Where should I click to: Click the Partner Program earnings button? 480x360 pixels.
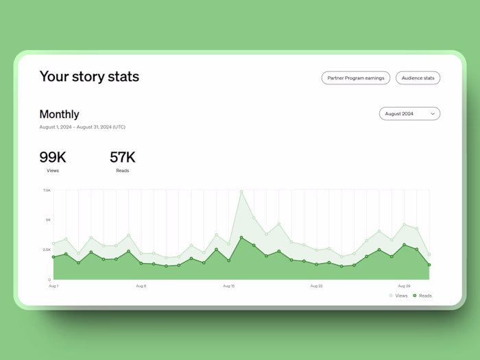pyautogui.click(x=356, y=78)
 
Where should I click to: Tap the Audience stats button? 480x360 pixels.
pyautogui.click(x=418, y=78)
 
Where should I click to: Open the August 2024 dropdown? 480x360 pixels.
pyautogui.click(x=409, y=114)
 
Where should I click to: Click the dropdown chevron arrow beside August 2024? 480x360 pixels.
pyautogui.click(x=433, y=114)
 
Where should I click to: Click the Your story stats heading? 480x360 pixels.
pyautogui.click(x=89, y=76)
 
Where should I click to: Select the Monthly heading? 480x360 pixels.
pyautogui.click(x=59, y=115)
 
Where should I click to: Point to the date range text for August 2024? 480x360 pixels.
pyautogui.click(x=82, y=127)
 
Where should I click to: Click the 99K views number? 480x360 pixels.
pyautogui.click(x=53, y=157)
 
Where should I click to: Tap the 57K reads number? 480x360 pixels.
pyautogui.click(x=123, y=157)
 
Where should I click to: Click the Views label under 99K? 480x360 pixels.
pyautogui.click(x=53, y=170)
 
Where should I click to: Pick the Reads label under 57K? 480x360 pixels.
pyautogui.click(x=123, y=170)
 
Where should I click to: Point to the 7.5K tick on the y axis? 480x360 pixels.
pyautogui.click(x=47, y=190)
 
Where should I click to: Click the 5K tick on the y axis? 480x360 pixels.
pyautogui.click(x=48, y=220)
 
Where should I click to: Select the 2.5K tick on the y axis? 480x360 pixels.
pyautogui.click(x=47, y=250)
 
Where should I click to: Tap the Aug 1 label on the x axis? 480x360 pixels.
pyautogui.click(x=53, y=286)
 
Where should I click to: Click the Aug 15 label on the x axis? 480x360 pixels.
pyautogui.click(x=229, y=286)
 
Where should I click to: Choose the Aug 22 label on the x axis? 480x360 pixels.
pyautogui.click(x=316, y=286)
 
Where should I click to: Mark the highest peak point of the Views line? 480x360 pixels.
pyautogui.click(x=241, y=191)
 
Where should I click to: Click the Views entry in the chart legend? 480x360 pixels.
pyautogui.click(x=398, y=296)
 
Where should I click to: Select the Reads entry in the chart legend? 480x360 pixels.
pyautogui.click(x=422, y=296)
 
